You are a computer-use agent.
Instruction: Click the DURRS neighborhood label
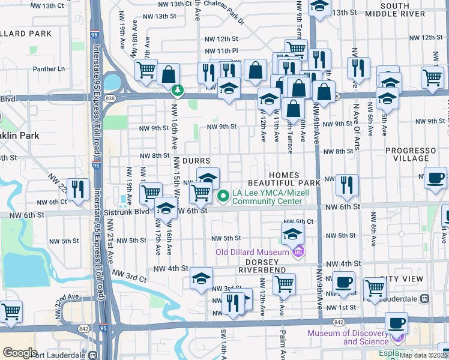(x=196, y=161)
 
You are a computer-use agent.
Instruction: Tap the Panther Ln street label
(x=49, y=69)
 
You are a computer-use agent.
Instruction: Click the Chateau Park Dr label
(x=224, y=12)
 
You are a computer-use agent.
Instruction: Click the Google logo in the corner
(x=19, y=352)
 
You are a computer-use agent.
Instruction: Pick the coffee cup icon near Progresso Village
(x=435, y=177)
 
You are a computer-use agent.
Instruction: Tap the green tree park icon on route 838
(x=177, y=91)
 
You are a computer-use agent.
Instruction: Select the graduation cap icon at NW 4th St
(x=202, y=277)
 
